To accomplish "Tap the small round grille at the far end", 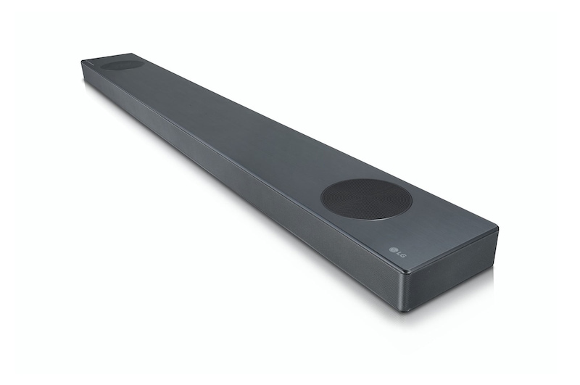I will pos(121,65).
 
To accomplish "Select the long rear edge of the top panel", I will pos(319,138).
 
